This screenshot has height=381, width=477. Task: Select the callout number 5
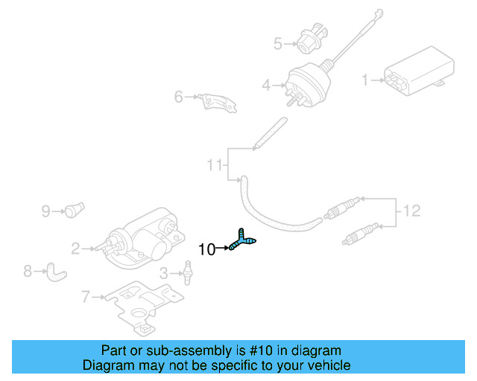click(278, 44)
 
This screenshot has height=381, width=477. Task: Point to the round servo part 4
click(304, 86)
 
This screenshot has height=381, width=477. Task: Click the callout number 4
click(266, 86)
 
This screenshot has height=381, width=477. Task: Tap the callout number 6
click(178, 97)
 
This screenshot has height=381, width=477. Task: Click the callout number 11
click(215, 164)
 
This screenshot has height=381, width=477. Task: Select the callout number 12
click(411, 211)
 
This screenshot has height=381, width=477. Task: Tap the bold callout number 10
click(208, 249)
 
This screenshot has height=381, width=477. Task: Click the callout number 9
click(45, 211)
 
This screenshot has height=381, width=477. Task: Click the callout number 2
click(75, 249)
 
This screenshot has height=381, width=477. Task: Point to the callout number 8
click(28, 271)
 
